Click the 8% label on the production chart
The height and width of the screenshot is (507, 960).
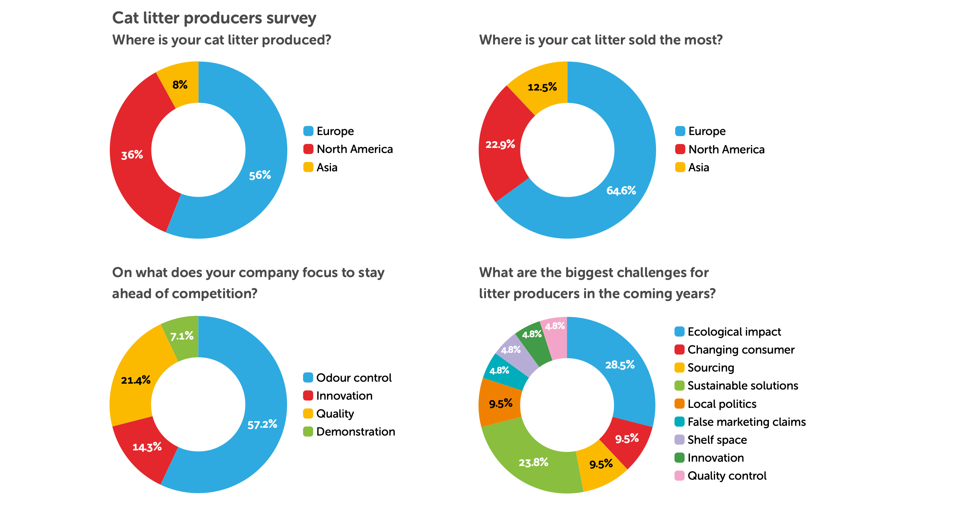coord(180,85)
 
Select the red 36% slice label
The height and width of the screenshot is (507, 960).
coord(132,155)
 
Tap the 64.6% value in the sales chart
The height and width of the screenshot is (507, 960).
coord(621,190)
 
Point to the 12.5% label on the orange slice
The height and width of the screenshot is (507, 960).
coord(542,87)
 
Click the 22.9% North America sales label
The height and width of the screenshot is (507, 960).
coord(500,145)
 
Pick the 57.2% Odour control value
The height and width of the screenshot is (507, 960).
coord(262,424)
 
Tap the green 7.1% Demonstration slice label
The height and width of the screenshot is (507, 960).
coord(182,336)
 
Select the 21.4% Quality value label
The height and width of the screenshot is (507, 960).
coord(136,380)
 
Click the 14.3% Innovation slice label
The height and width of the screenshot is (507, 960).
coord(147,447)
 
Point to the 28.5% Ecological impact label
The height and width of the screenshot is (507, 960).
coord(620,365)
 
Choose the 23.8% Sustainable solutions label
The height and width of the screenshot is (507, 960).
coord(533,463)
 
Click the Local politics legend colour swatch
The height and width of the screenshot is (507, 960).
coord(679,404)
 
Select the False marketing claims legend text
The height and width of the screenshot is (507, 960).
coord(746,422)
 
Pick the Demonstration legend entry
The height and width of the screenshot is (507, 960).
coord(356,432)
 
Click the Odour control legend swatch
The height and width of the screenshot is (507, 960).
coord(308,377)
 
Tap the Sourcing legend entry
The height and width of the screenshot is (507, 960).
coord(711,368)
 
